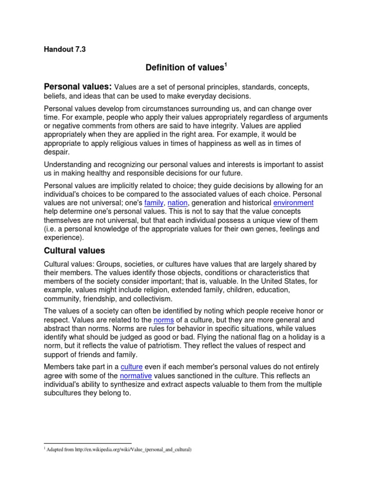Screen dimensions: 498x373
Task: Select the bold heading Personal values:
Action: pyautogui.click(x=78, y=87)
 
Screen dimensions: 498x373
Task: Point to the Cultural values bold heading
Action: pyautogui.click(x=74, y=251)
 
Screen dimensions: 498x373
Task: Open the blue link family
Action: pyautogui.click(x=153, y=203)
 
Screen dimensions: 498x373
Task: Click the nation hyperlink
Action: pyautogui.click(x=177, y=203)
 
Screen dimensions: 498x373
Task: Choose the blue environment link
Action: pyautogui.click(x=293, y=203)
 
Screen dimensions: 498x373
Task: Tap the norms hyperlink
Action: pyautogui.click(x=163, y=320)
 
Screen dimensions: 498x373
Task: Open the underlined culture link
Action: pyautogui.click(x=131, y=367)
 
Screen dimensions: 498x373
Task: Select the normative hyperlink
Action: pyautogui.click(x=136, y=376)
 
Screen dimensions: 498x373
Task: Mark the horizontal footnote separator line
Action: pyautogui.click(x=87, y=443)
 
